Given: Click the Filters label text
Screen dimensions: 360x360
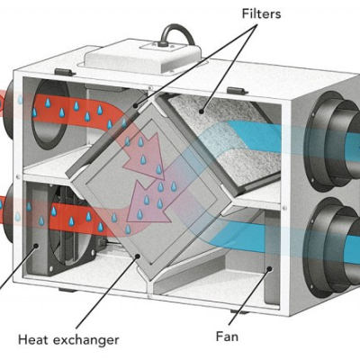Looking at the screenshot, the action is pos(261,14).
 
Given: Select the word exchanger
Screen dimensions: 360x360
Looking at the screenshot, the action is pos(86,340).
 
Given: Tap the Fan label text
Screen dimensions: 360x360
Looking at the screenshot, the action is pos(227,337).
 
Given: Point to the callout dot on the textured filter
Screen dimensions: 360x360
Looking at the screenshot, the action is pos(202,112).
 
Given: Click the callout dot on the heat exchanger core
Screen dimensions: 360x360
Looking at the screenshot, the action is pos(138,256).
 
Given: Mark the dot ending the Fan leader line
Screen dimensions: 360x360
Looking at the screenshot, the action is pos(269,269).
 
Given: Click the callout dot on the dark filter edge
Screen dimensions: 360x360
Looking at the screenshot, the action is pos(136,105).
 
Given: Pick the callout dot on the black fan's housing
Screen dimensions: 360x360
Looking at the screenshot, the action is pos(36,246).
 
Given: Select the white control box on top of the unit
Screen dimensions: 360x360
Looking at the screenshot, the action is pos(142,58).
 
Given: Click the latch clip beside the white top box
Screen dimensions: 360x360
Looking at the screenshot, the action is pos(63,72).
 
